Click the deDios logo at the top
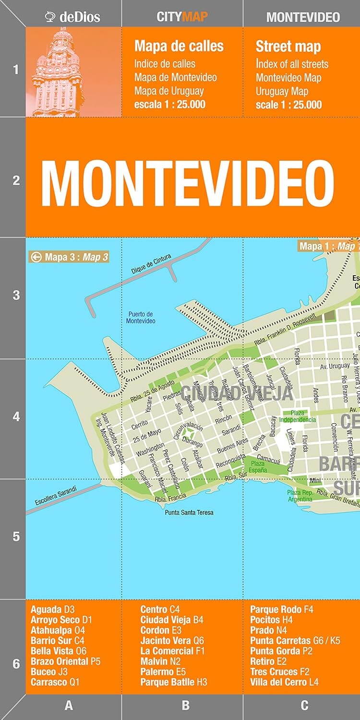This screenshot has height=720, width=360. (x=72, y=17)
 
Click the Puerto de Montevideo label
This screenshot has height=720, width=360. (x=141, y=318)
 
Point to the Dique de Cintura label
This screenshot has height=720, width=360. (x=151, y=264)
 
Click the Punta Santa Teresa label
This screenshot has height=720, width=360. (x=189, y=513)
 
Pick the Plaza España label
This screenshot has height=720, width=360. (x=258, y=467)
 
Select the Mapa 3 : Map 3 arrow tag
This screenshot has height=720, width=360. (x=69, y=257)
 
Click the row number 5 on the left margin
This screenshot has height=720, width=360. (x=16, y=536)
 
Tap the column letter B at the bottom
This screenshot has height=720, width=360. (x=185, y=706)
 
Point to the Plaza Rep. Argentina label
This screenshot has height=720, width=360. (x=300, y=496)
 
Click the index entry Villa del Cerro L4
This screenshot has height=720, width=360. (x=284, y=682)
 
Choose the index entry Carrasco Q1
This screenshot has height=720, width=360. (x=55, y=682)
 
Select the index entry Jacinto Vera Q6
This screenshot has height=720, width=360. (x=172, y=641)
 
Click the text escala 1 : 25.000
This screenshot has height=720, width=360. (x=169, y=104)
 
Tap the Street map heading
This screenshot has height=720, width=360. (x=288, y=47)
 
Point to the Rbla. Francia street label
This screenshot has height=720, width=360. (x=168, y=499)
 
